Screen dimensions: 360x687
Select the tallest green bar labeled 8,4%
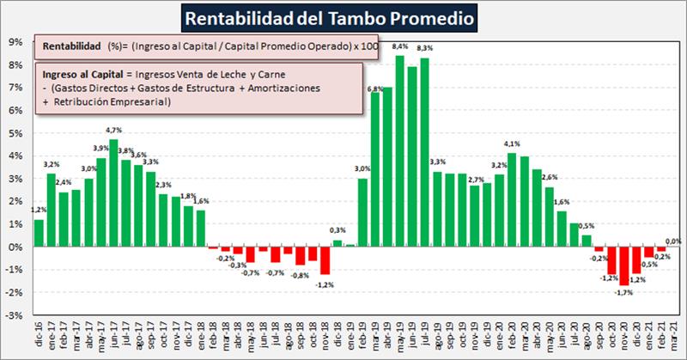(x=400, y=150)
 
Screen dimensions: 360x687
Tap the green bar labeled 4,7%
(x=113, y=192)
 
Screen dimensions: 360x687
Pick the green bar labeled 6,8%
(x=375, y=168)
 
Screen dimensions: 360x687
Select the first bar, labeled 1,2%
(x=39, y=233)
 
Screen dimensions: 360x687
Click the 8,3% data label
(x=424, y=48)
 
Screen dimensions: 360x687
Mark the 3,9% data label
(x=100, y=149)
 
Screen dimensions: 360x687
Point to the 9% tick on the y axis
(x=15, y=41)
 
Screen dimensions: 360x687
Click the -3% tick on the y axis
(x=15, y=315)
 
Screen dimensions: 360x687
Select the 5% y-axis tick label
(x=15, y=132)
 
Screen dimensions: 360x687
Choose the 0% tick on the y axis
(x=15, y=247)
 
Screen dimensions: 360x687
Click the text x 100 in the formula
(x=366, y=46)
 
